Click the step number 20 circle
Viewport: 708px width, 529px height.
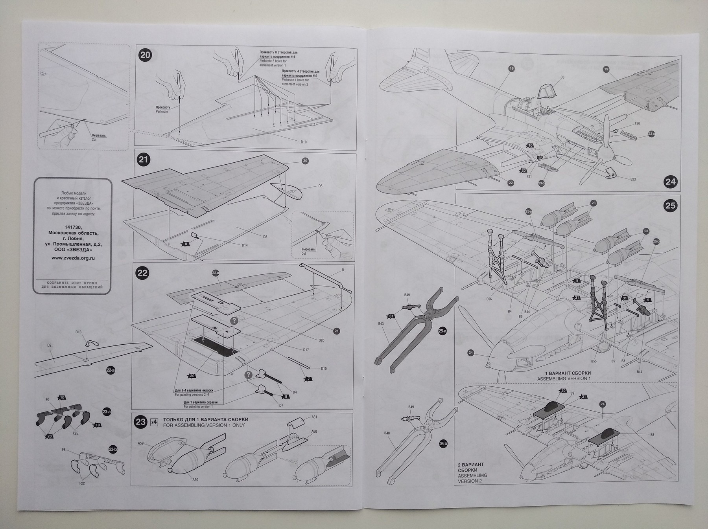pyautogui.click(x=145, y=55)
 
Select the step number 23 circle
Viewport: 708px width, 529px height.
pyautogui.click(x=140, y=422)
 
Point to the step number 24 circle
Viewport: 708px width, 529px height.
pyautogui.click(x=670, y=182)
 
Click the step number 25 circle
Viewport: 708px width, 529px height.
pyautogui.click(x=670, y=205)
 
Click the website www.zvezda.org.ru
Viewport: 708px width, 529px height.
pyautogui.click(x=73, y=258)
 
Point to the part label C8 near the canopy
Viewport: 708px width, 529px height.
pyautogui.click(x=562, y=77)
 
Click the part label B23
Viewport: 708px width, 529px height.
pyautogui.click(x=632, y=179)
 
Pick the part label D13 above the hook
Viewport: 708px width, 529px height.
pyautogui.click(x=78, y=332)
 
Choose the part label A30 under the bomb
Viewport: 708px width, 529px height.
pyautogui.click(x=195, y=480)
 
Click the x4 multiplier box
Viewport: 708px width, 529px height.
pyautogui.click(x=154, y=422)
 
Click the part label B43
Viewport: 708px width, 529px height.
pyautogui.click(x=381, y=324)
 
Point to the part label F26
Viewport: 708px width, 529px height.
pyautogui.click(x=638, y=123)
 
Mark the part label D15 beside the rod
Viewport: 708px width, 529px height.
pyautogui.click(x=323, y=369)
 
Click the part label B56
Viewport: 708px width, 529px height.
pyautogui.click(x=489, y=299)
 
